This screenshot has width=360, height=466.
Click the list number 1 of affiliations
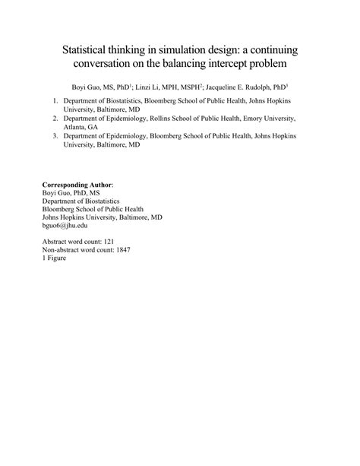tap(55, 100)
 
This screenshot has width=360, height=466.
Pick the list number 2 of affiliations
tap(55, 119)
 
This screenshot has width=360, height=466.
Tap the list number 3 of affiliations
tap(55, 137)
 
